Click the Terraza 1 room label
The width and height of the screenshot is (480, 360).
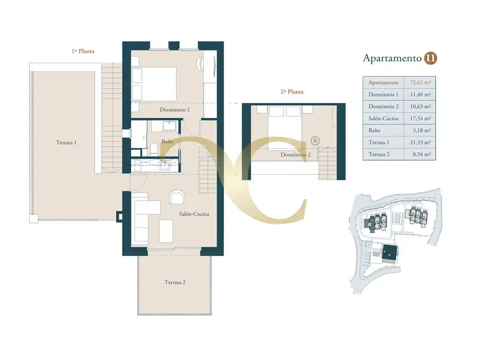tap(66, 142)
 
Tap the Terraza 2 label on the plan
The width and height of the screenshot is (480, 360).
tap(175, 282)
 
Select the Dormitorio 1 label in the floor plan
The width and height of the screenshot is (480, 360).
tap(175, 110)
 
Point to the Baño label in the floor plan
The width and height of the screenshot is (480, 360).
tap(167, 141)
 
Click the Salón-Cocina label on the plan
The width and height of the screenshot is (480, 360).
tap(194, 214)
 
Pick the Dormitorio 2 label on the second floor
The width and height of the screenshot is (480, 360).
tap(296, 155)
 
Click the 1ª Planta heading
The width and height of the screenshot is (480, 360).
tap(83, 51)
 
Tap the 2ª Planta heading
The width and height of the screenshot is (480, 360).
tap(292, 92)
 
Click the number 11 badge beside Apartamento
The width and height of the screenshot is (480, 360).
tap(430, 58)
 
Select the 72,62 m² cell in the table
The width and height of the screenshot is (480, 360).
tap(420, 82)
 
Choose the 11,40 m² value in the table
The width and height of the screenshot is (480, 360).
tap(420, 95)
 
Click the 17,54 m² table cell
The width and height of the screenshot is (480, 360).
tap(420, 119)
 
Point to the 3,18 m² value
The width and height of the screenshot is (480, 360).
tap(421, 130)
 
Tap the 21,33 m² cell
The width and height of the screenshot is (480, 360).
tap(420, 142)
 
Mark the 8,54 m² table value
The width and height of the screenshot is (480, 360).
tap(421, 154)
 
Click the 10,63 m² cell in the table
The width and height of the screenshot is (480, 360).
tap(420, 107)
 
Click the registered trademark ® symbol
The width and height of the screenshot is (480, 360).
tap(315, 141)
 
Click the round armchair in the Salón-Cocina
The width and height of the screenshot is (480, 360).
tap(177, 197)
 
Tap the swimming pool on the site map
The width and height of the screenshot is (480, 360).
tap(397, 218)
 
